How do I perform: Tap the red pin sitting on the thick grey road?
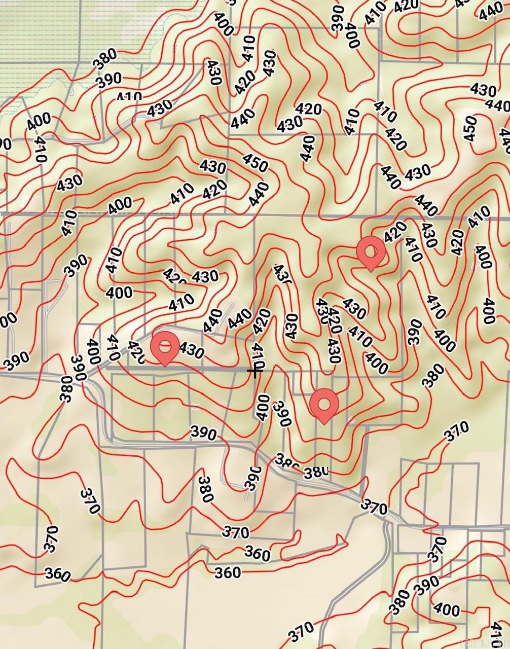tap(165, 348)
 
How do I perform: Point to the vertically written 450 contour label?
tap(469, 128)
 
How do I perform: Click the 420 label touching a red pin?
tap(394, 233)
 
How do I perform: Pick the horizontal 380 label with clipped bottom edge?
tap(316, 473)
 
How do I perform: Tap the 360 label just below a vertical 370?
tap(57, 574)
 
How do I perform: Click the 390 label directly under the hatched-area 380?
tap(109, 79)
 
